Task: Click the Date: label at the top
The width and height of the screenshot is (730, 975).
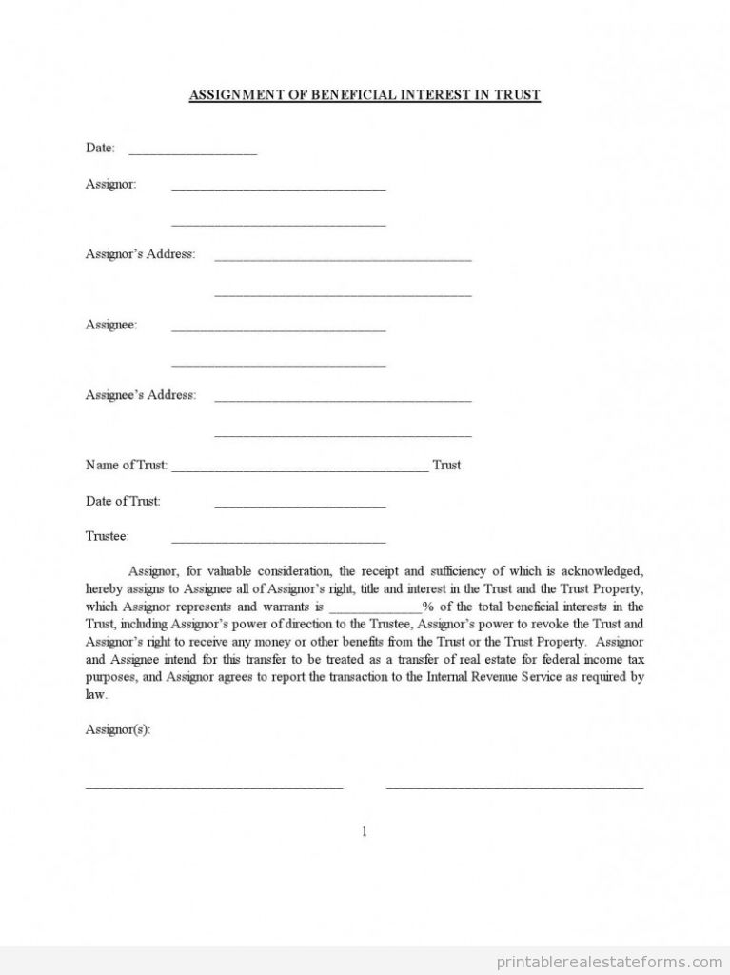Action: pos(100,148)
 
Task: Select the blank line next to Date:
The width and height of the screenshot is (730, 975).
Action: pos(192,151)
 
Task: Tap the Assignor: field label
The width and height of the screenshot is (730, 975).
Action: pos(111,184)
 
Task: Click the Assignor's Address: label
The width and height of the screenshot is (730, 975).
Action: pos(140,254)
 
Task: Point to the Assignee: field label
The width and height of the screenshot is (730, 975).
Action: pos(111,325)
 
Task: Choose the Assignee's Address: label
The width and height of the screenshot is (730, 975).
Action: pos(141,395)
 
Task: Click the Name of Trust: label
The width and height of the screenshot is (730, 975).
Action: pos(127,466)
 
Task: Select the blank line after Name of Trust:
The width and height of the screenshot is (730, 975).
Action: pos(300,468)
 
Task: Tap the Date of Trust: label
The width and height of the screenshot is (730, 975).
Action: pos(123,501)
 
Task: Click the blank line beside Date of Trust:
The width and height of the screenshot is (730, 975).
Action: pos(300,505)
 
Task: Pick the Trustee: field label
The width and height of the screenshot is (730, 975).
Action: pos(108,536)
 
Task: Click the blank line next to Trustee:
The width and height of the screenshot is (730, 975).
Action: pos(278,540)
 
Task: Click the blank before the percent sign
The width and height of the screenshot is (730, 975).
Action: pos(375,609)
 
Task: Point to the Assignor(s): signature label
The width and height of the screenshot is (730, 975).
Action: pos(118,729)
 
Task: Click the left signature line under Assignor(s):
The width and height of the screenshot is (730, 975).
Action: pos(214,787)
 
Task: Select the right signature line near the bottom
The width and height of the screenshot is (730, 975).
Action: pos(514,787)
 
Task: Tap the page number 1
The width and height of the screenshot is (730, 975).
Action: pos(365,831)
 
